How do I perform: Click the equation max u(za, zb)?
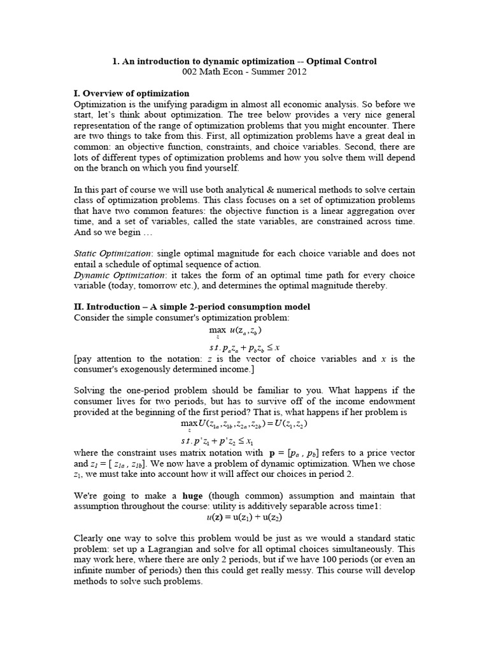coord(236,330)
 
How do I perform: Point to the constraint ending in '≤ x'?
coord(244,347)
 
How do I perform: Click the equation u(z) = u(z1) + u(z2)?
coord(244,518)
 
